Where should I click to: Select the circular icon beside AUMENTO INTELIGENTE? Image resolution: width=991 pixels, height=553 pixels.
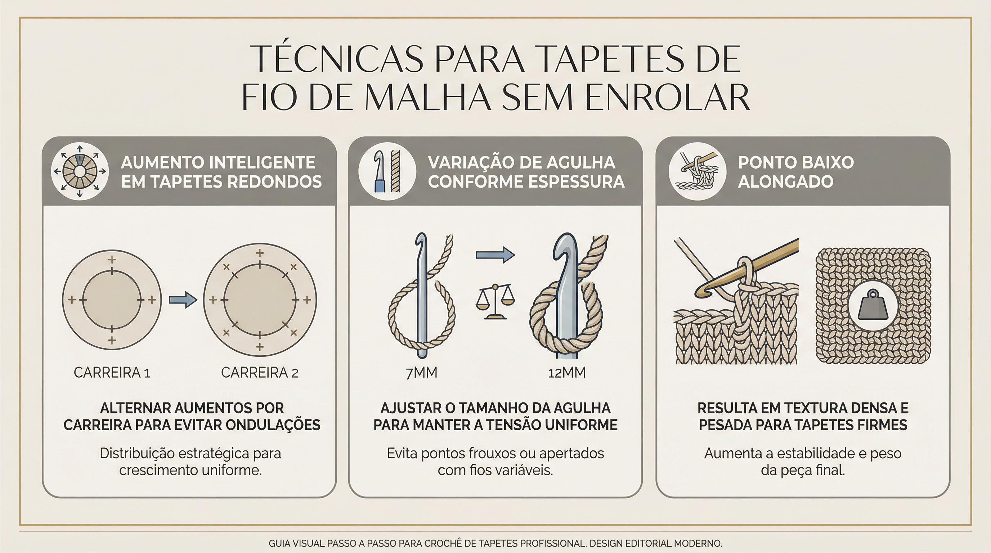(x=80, y=171)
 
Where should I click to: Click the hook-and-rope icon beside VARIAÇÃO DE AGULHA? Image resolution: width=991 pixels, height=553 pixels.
(x=387, y=171)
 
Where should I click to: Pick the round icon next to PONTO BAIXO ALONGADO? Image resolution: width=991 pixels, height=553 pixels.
(x=697, y=171)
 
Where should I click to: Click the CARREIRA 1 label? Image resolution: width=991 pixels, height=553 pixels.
(x=112, y=373)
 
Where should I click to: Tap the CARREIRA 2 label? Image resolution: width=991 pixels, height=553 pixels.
(x=260, y=373)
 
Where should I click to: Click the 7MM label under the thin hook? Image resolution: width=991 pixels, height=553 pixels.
(x=421, y=373)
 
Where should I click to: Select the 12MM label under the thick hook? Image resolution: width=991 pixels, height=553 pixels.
(x=567, y=373)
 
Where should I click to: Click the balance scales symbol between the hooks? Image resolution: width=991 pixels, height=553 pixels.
(x=495, y=302)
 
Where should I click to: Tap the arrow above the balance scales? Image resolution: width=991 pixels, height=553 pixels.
(x=495, y=255)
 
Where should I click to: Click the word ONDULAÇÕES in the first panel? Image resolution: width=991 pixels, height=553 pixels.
(x=273, y=425)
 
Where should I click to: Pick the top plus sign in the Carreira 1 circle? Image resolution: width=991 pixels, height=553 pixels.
(x=112, y=260)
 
